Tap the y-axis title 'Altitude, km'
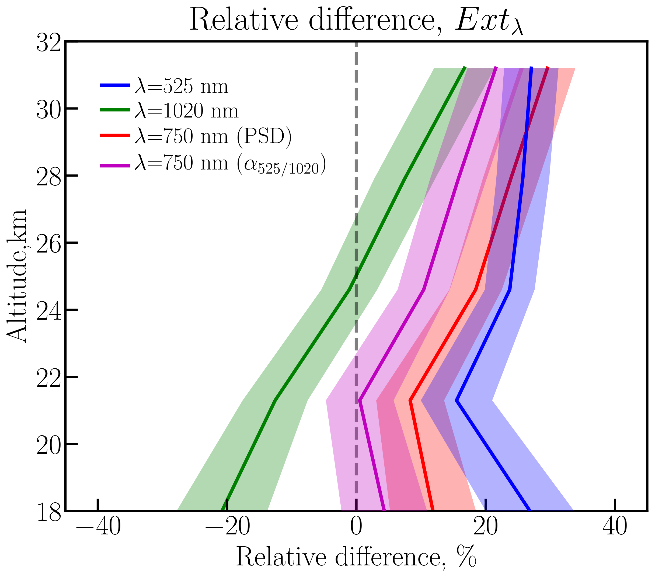pyautogui.click(x=17, y=277)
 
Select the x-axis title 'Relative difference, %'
pyautogui.click(x=356, y=557)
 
